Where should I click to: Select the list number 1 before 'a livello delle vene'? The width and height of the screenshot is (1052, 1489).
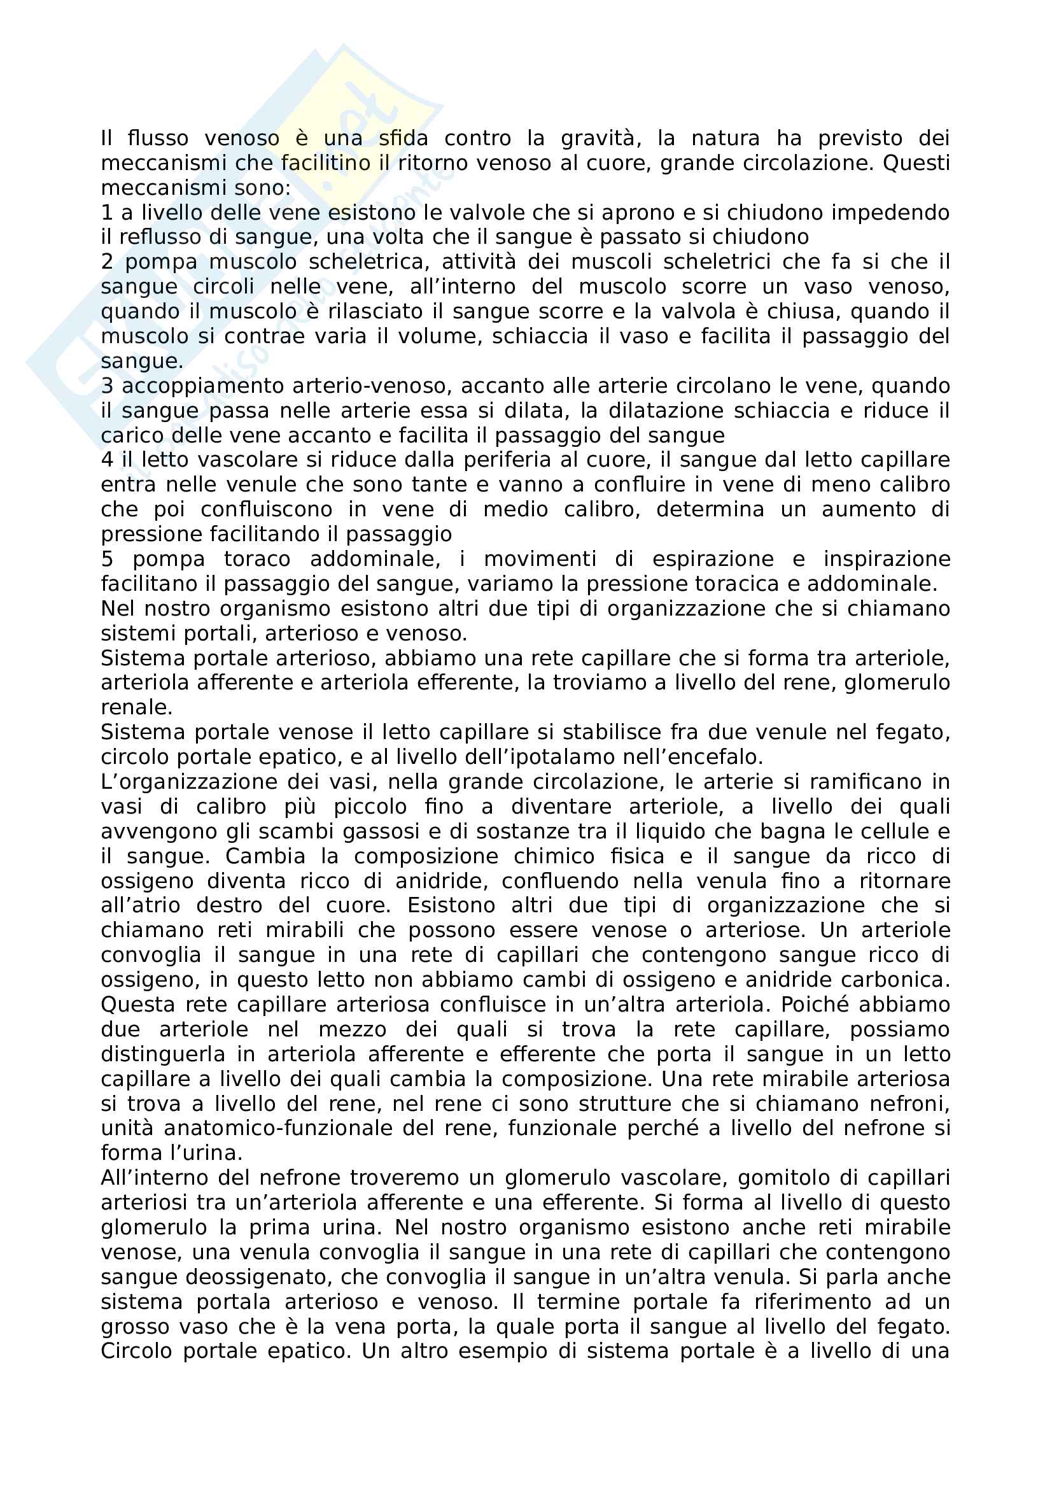pos(107,213)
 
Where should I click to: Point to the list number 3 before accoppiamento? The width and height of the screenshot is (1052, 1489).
pos(107,386)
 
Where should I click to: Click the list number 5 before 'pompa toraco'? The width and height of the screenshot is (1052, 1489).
pos(107,559)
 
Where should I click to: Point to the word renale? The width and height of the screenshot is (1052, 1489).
pos(136,707)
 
